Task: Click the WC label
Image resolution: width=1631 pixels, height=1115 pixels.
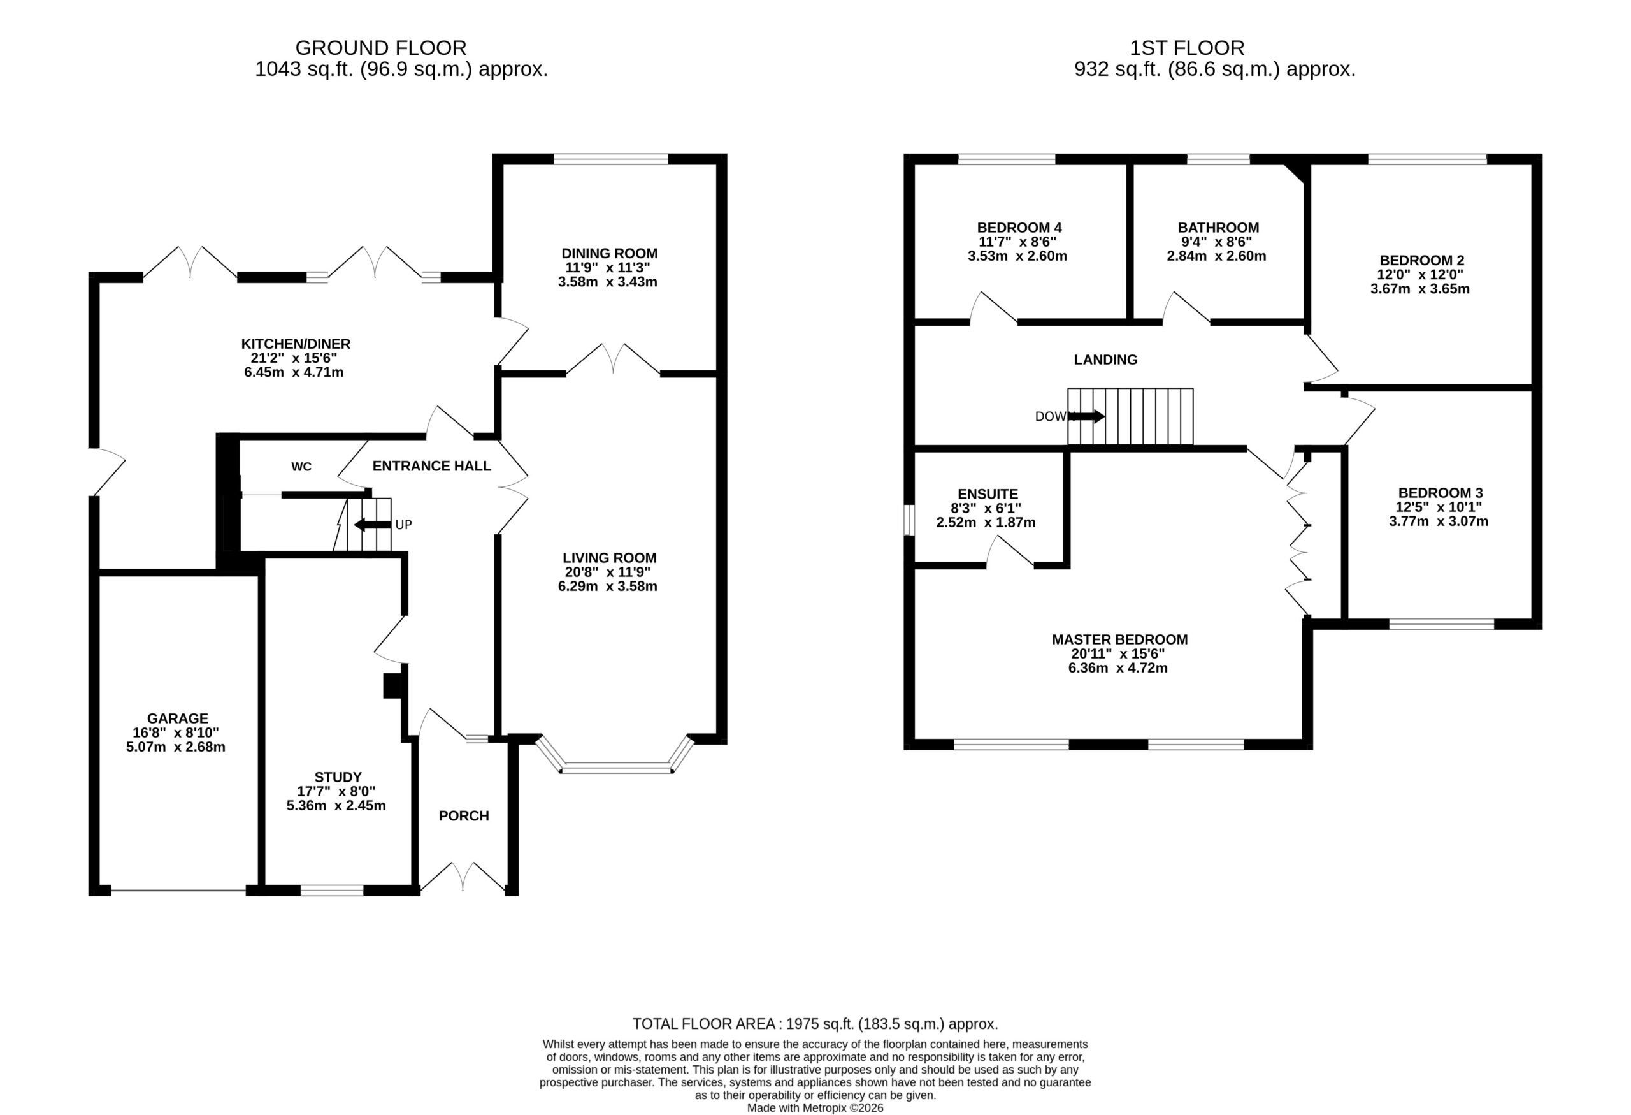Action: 301,467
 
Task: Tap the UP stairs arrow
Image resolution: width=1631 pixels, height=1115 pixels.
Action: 372,525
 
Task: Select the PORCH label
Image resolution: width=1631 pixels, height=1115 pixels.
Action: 464,815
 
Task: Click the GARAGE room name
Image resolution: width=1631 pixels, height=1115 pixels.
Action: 178,718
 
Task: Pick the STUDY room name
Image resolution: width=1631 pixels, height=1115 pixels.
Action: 338,777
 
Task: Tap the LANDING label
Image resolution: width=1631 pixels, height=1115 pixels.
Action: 1105,360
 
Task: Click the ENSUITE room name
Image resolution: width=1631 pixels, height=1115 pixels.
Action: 988,494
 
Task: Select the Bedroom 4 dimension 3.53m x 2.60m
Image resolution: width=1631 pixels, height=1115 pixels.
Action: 1017,256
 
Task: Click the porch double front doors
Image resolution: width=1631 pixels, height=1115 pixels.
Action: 463,877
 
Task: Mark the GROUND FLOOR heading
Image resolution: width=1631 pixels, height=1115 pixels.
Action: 380,48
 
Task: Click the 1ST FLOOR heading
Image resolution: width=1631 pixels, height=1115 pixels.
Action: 1187,48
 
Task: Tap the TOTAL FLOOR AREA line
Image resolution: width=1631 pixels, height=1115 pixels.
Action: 815,1024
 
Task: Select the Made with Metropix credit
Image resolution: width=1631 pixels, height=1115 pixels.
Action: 815,1108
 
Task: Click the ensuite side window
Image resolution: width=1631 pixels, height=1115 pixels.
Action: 909,520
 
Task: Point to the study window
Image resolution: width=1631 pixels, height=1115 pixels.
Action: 332,891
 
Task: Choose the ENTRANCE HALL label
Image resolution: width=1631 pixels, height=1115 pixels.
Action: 431,466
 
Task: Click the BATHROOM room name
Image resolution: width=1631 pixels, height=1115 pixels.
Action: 1218,228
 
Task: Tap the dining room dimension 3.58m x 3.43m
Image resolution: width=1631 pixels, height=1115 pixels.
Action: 608,282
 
